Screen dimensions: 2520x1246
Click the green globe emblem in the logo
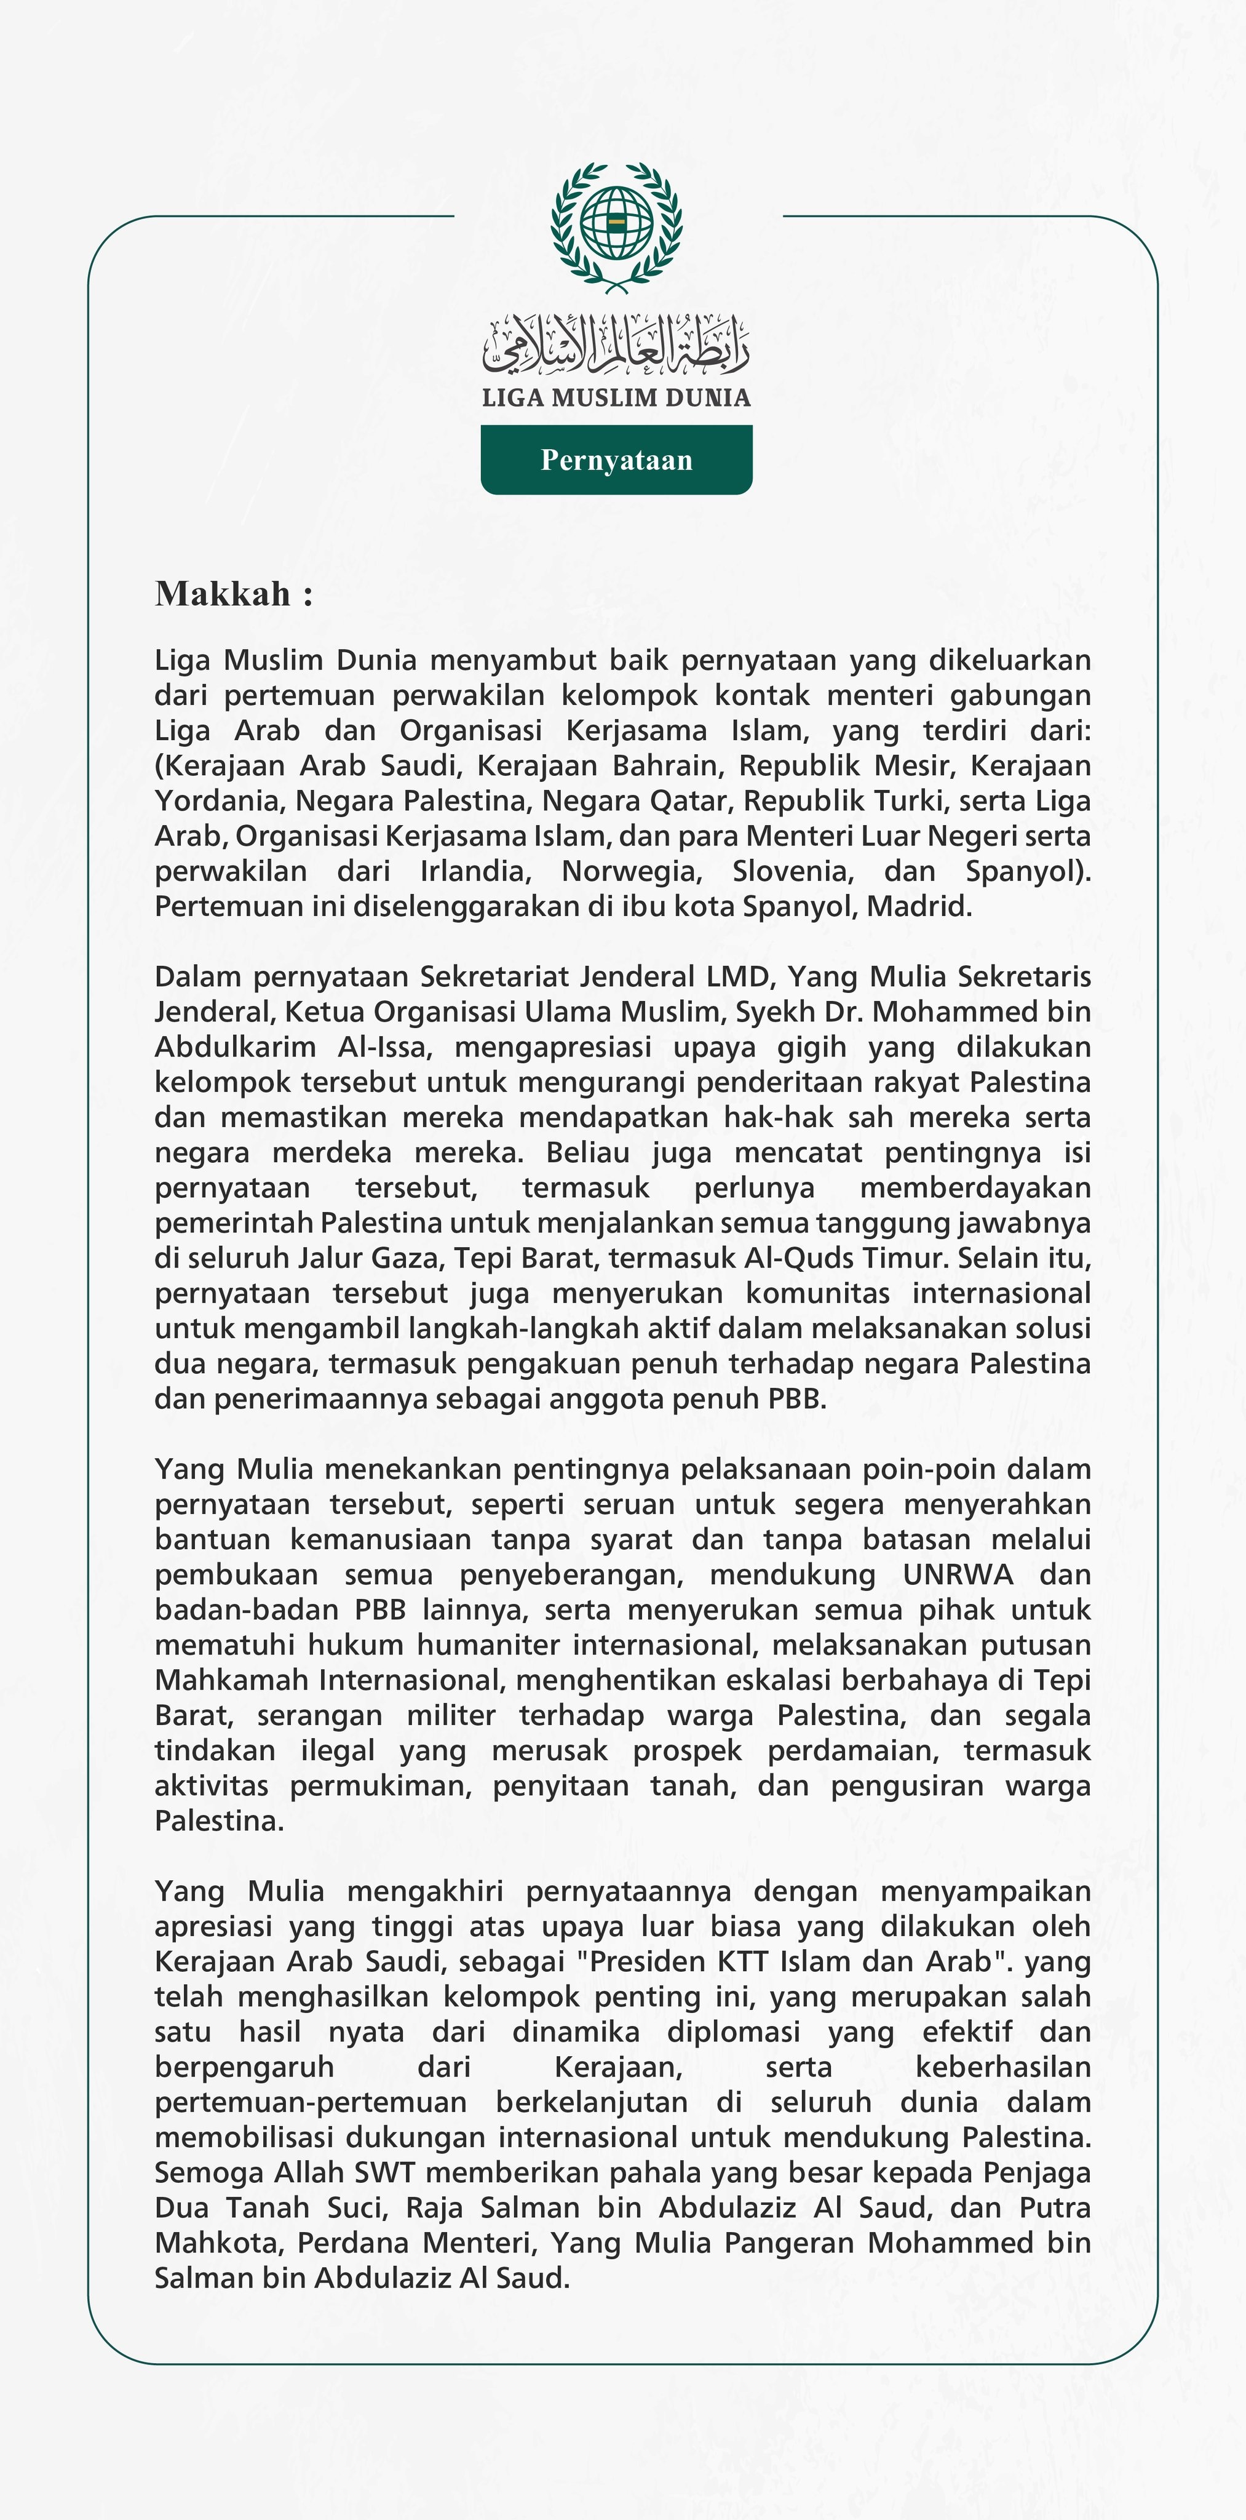[616, 223]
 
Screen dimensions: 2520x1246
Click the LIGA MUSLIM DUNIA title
[616, 398]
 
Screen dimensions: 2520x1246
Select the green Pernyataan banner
[616, 460]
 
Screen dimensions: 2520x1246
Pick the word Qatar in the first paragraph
[688, 800]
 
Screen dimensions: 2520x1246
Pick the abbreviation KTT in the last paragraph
[741, 1961]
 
